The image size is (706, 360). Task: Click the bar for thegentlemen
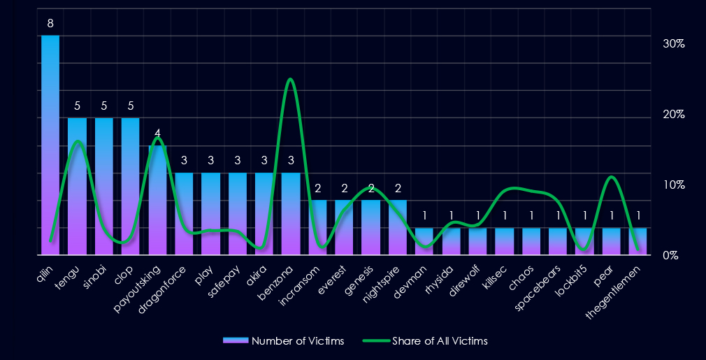click(637, 241)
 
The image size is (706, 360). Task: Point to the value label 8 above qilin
click(50, 24)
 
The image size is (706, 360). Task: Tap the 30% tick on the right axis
click(672, 43)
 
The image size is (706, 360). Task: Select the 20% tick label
click(672, 115)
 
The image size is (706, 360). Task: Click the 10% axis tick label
click(672, 185)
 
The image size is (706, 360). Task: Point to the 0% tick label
click(672, 256)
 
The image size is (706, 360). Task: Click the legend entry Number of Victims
click(283, 341)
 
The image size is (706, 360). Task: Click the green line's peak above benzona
click(290, 79)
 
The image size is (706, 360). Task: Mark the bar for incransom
click(317, 227)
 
